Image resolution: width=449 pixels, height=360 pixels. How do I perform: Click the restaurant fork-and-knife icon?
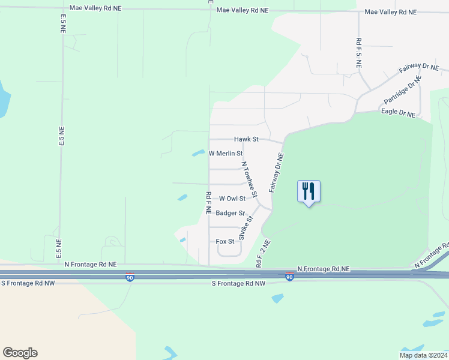tap(309, 191)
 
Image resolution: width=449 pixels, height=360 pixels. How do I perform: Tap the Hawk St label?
tap(246, 139)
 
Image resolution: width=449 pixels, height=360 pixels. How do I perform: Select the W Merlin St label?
tap(225, 154)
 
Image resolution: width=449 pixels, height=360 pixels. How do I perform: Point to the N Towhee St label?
tap(249, 179)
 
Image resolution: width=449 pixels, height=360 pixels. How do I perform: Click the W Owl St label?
tap(232, 199)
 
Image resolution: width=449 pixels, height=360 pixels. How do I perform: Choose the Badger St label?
tap(231, 213)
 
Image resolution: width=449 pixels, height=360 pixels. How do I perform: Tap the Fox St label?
tap(224, 241)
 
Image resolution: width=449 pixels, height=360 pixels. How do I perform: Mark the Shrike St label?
tap(246, 228)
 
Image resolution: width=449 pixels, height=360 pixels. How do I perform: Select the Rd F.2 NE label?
tap(263, 253)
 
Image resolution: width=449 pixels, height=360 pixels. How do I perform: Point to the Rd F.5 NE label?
tap(358, 52)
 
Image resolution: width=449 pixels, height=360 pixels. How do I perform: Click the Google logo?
tap(20, 353)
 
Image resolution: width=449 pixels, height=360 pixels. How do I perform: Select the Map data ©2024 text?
tap(423, 355)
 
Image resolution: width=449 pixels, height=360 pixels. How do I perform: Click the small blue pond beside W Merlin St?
tap(197, 153)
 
